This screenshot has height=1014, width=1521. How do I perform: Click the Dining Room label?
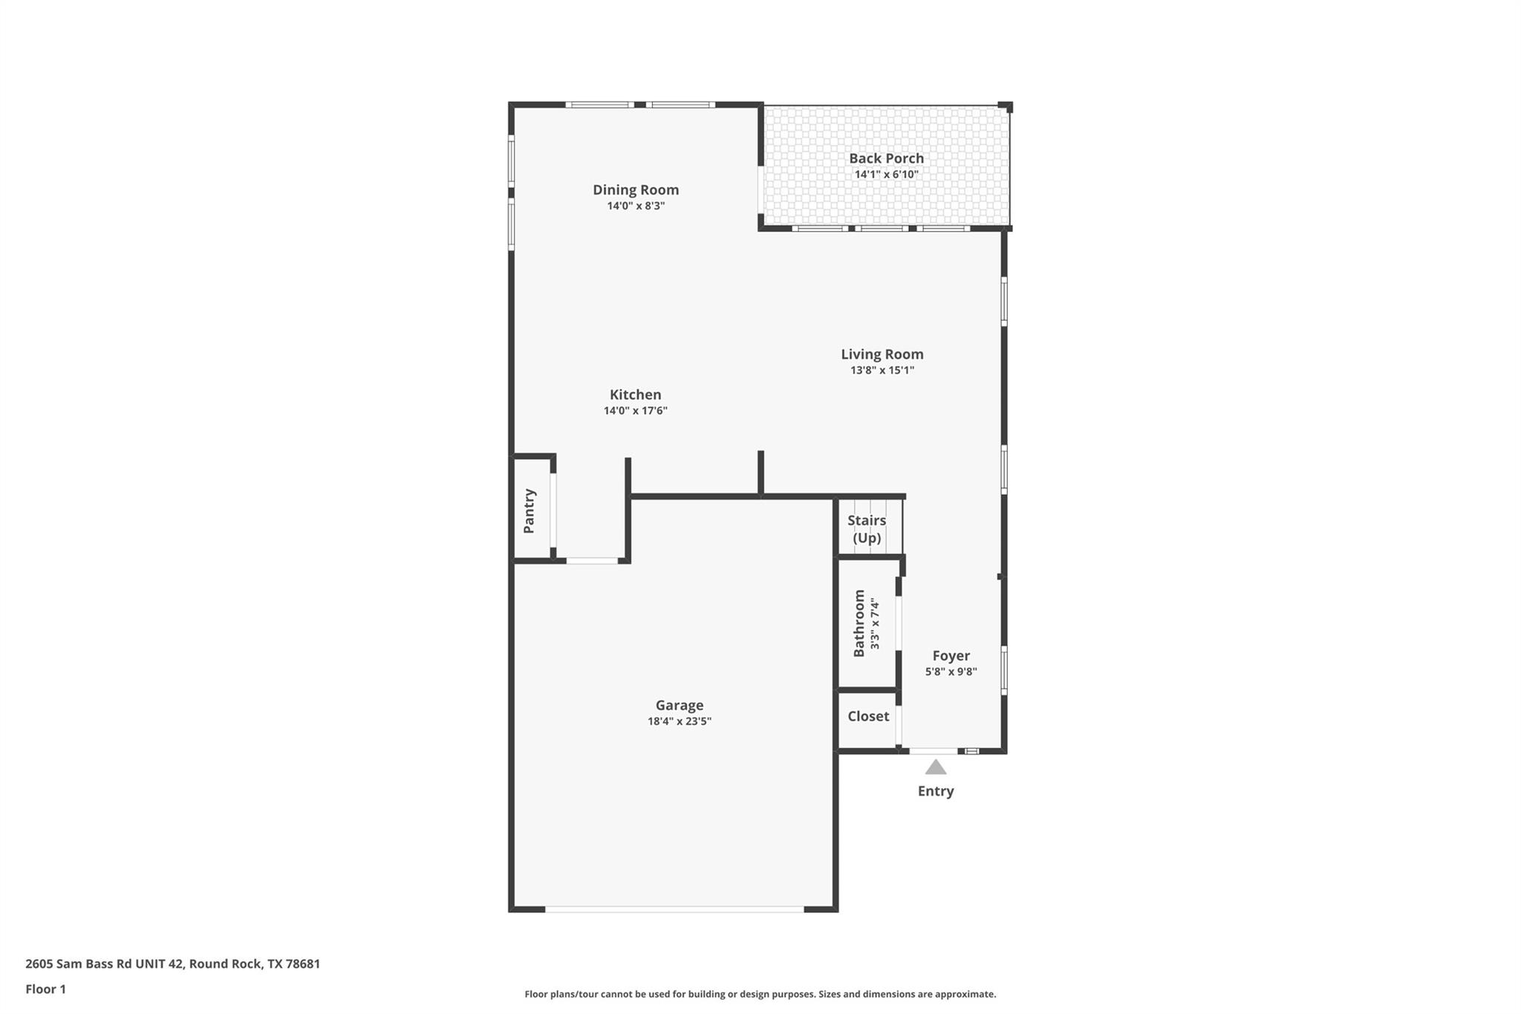pyautogui.click(x=635, y=189)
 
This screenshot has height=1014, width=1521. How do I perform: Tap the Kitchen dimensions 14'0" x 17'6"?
pyautogui.click(x=635, y=411)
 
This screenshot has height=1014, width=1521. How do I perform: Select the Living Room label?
pyautogui.click(x=882, y=354)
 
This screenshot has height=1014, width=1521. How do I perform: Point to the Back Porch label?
pyautogui.click(x=886, y=158)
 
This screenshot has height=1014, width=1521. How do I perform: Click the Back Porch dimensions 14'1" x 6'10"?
pyautogui.click(x=886, y=175)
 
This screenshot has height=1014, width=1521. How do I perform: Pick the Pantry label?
pyautogui.click(x=530, y=511)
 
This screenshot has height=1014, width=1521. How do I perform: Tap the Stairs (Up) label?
pyautogui.click(x=867, y=529)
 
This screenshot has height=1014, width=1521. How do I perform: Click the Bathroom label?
pyautogui.click(x=859, y=623)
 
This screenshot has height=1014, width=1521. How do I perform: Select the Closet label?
pyautogui.click(x=868, y=716)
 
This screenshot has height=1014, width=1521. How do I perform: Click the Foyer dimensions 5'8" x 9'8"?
pyautogui.click(x=951, y=672)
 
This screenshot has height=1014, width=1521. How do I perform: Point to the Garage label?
pyautogui.click(x=679, y=705)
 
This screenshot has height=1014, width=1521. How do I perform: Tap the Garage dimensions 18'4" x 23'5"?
pyautogui.click(x=679, y=721)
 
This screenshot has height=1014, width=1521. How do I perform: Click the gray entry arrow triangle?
pyautogui.click(x=936, y=767)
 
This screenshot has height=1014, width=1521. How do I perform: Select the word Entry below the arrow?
pyautogui.click(x=936, y=791)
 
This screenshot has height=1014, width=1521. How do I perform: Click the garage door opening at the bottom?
pyautogui.click(x=674, y=909)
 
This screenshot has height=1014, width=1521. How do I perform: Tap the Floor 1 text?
pyautogui.click(x=46, y=989)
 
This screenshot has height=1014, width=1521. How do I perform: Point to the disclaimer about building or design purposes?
pyautogui.click(x=760, y=994)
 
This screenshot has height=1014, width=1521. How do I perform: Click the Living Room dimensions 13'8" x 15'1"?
pyautogui.click(x=882, y=371)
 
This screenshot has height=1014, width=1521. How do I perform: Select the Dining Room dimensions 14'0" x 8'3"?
pyautogui.click(x=635, y=206)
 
